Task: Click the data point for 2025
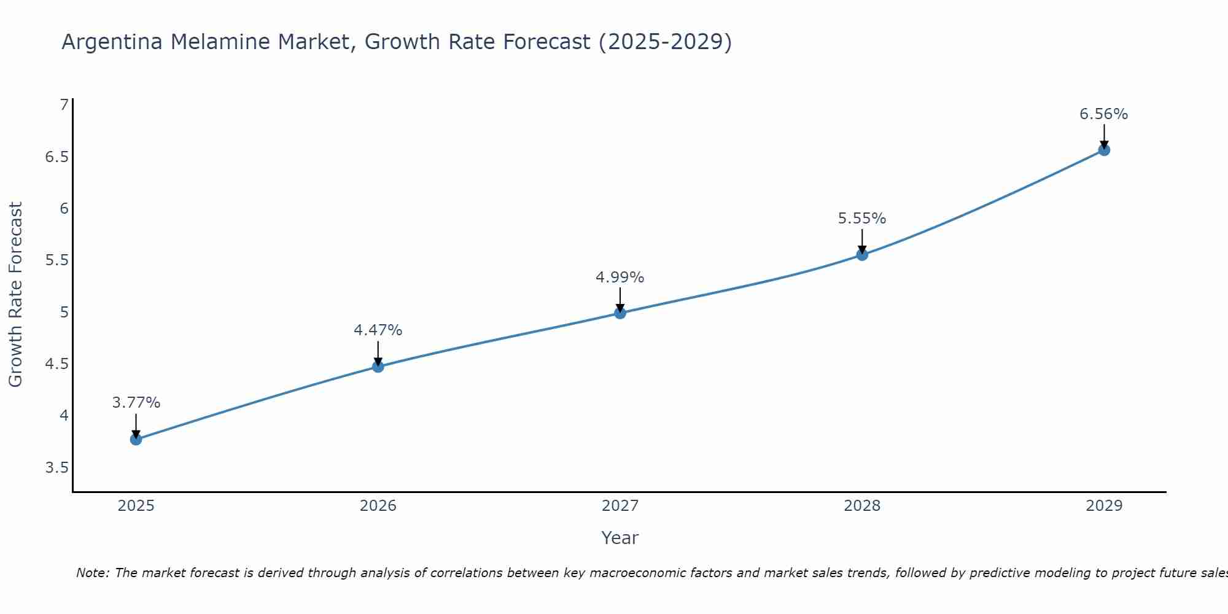click(x=136, y=439)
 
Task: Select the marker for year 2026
click(x=378, y=367)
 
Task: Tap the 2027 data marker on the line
click(x=620, y=313)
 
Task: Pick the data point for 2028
click(x=862, y=255)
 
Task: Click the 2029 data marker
click(x=1104, y=150)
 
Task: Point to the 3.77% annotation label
click(x=136, y=403)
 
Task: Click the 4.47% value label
click(x=378, y=330)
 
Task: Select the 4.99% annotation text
click(x=620, y=278)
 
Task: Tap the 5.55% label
click(x=862, y=219)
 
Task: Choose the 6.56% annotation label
click(x=1104, y=114)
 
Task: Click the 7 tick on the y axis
click(x=64, y=105)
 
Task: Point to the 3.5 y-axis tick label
click(x=56, y=468)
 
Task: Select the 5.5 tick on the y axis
click(x=56, y=260)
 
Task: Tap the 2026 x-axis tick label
click(x=378, y=506)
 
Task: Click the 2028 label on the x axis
click(x=862, y=506)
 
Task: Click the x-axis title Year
click(x=620, y=538)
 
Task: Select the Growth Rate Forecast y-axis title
click(x=16, y=295)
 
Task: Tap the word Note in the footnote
click(x=92, y=573)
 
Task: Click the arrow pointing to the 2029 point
click(x=1104, y=136)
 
